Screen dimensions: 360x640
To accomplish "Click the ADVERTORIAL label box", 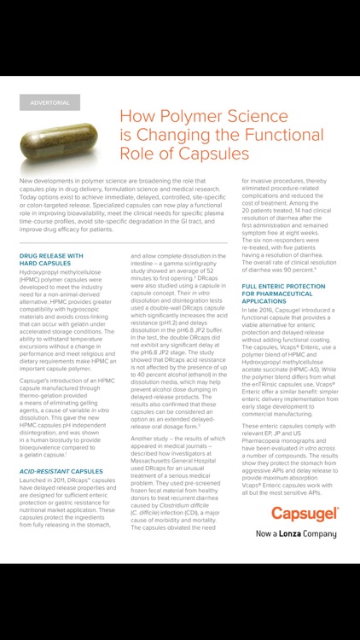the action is (49, 102).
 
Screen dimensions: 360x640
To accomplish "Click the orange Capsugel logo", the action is (305, 513).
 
